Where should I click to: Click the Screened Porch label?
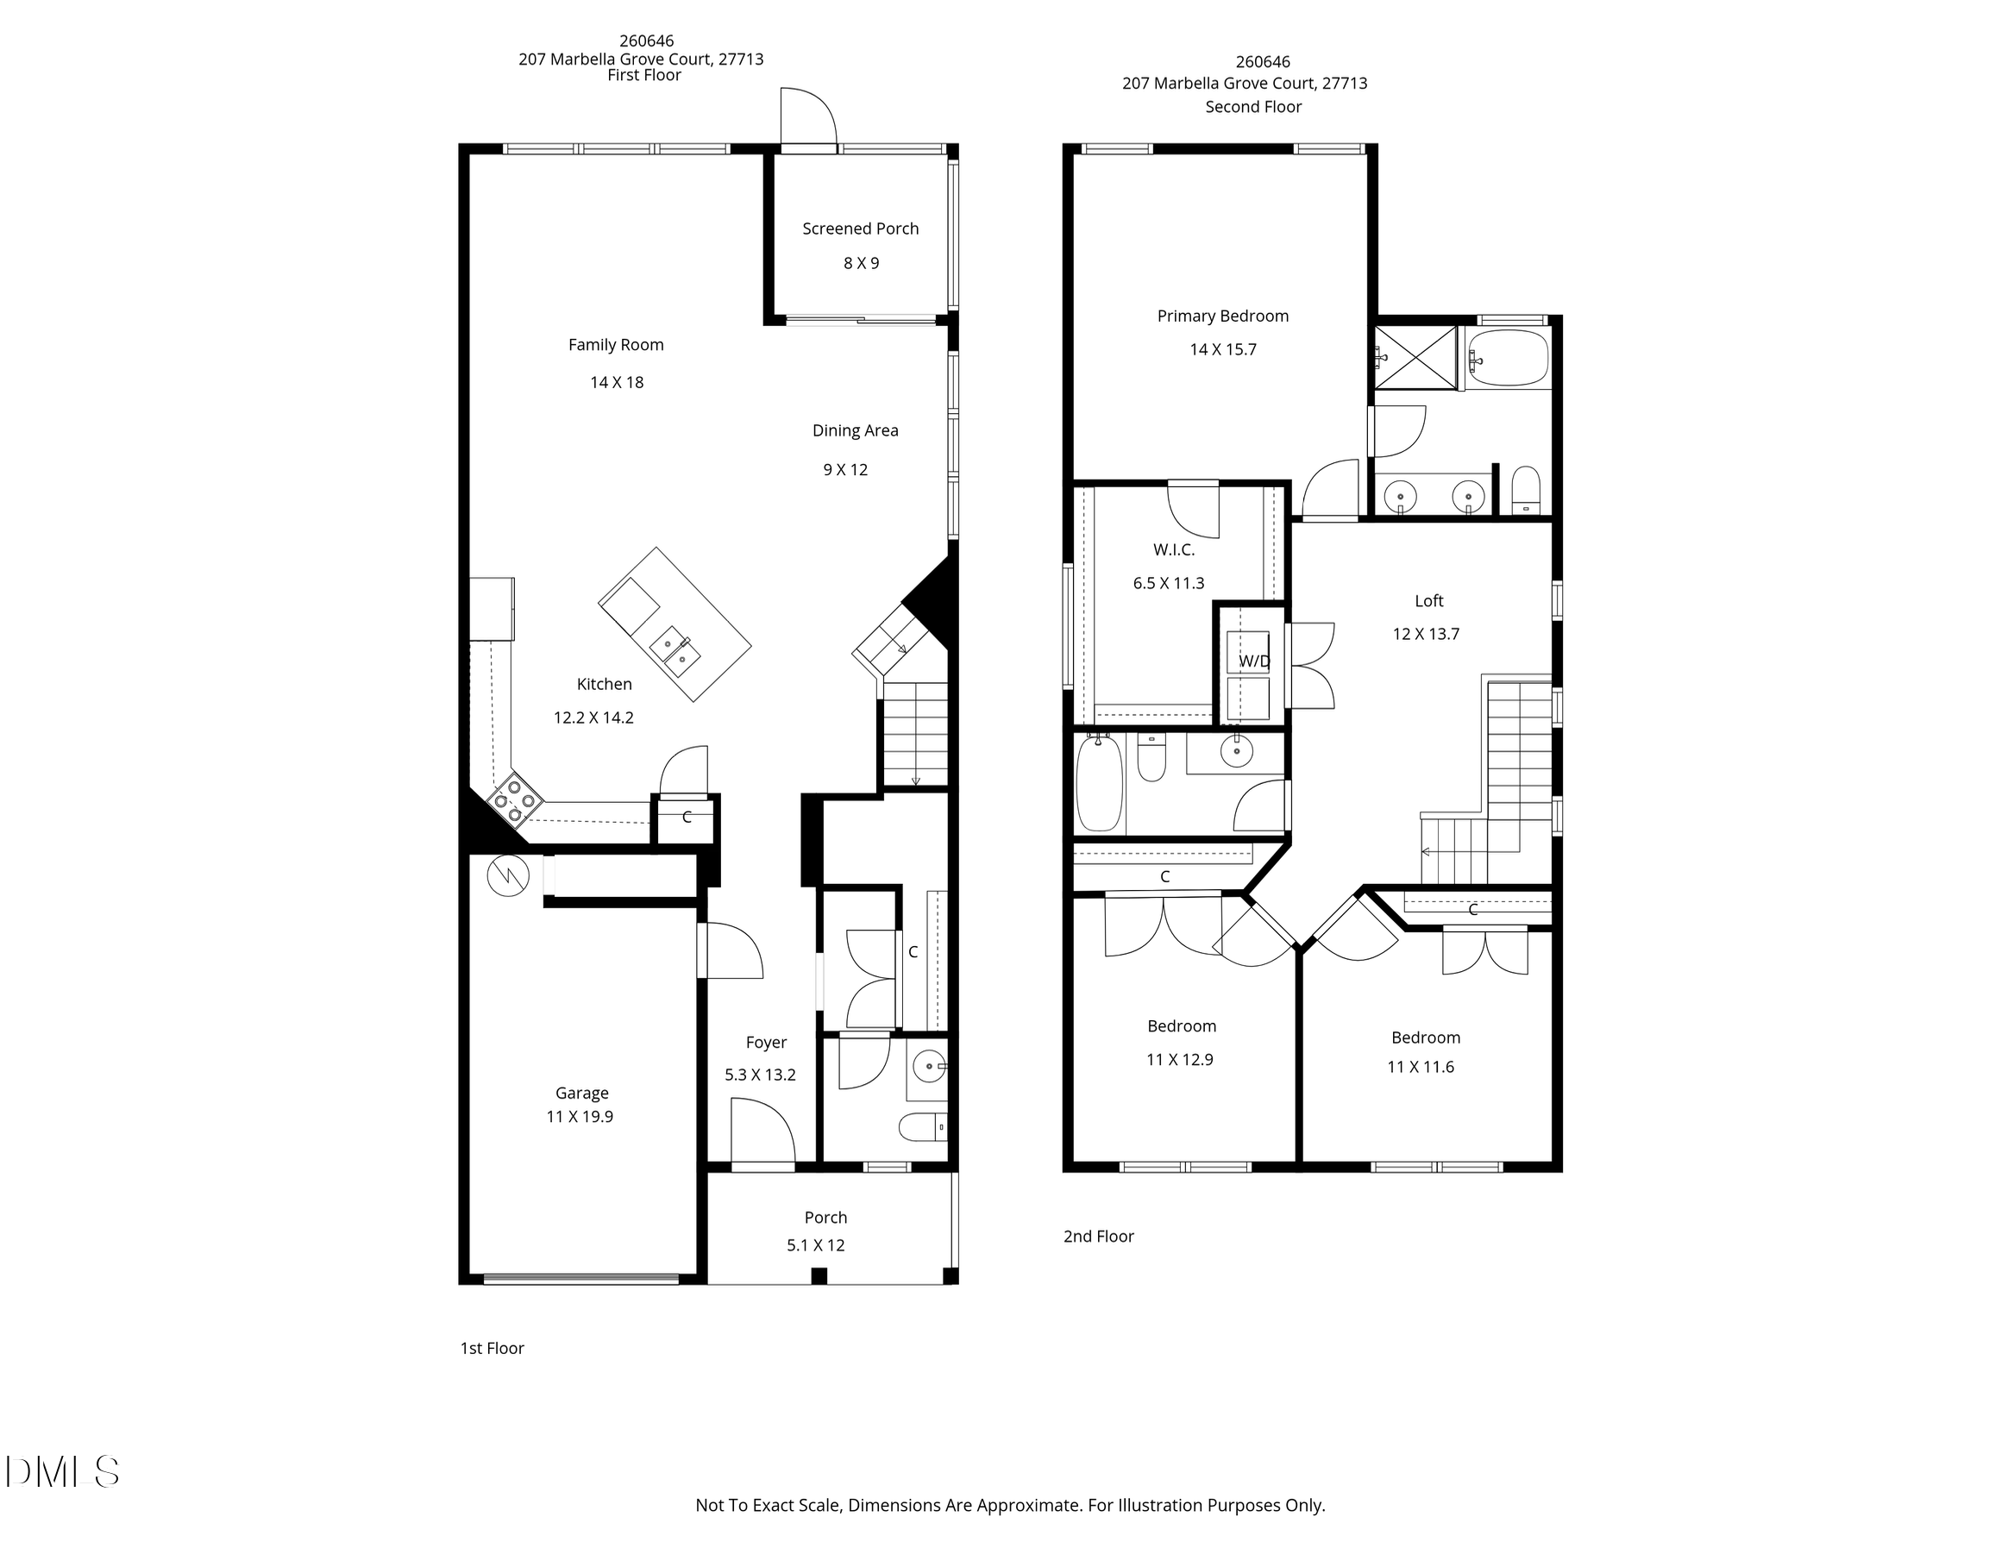pos(860,229)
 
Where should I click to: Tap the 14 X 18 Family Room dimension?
pos(617,383)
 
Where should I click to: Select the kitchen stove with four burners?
pos(515,798)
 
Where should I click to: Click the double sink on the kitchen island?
pos(675,650)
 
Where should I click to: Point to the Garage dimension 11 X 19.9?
pos(580,1117)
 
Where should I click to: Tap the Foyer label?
pos(766,1042)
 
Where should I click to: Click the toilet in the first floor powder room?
pos(922,1127)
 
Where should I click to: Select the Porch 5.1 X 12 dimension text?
pos(815,1245)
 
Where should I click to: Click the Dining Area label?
pos(855,431)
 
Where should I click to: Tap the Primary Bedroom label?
pos(1222,316)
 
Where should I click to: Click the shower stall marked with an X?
pos(1415,357)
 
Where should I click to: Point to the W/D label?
pos(1253,661)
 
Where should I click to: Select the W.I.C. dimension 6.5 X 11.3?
pos(1169,583)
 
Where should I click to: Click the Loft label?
pos(1429,601)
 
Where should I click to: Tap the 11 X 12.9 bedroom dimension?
pos(1179,1059)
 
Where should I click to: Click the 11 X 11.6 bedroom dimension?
pos(1420,1067)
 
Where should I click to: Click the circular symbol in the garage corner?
pos(507,875)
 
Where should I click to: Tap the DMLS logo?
pos(62,1472)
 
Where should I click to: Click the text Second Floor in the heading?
pos(1253,107)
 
